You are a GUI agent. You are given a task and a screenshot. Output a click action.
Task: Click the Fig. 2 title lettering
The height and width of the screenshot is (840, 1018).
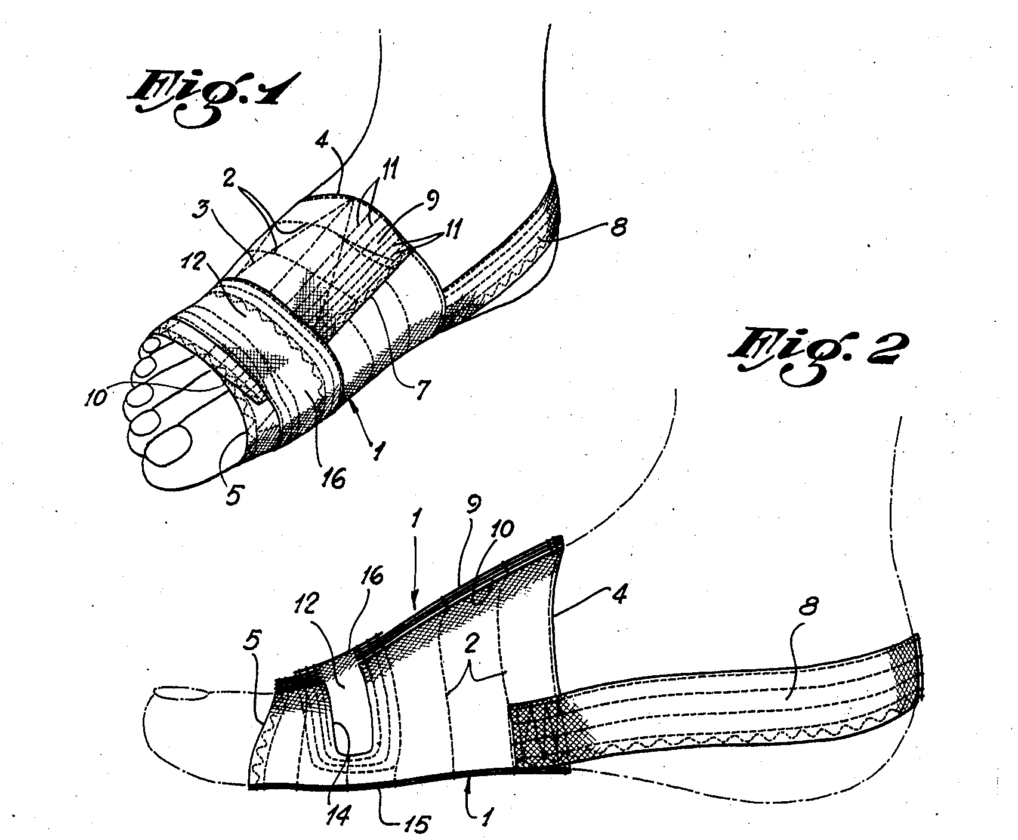tap(815, 356)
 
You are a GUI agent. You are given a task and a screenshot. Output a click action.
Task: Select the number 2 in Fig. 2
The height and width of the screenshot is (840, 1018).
tap(471, 646)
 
